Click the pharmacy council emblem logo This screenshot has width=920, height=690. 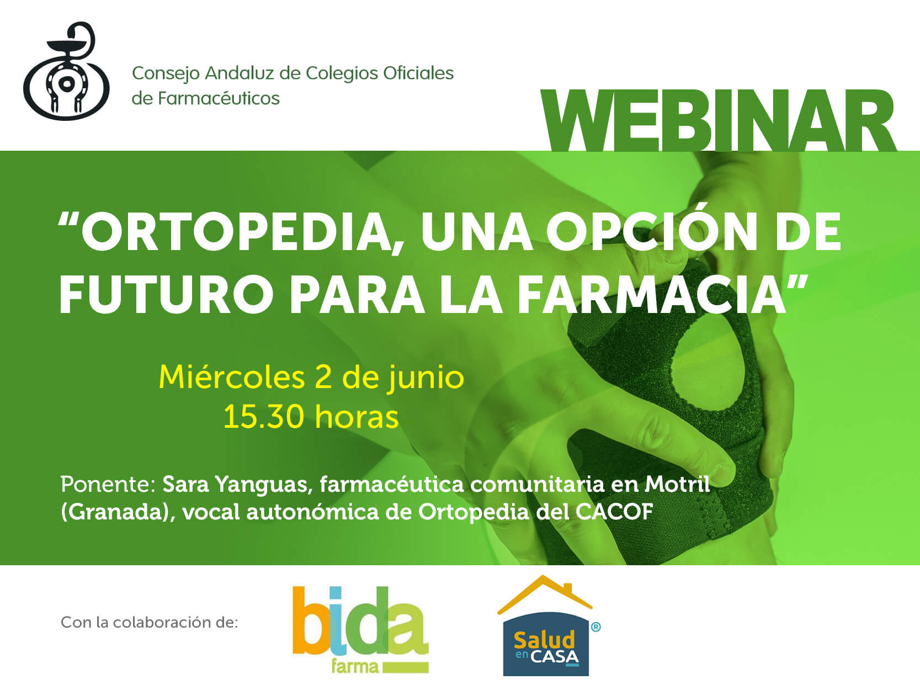pyautogui.click(x=66, y=71)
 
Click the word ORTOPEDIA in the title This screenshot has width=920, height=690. pyautogui.click(x=236, y=232)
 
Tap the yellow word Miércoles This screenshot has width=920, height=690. pyautogui.click(x=232, y=377)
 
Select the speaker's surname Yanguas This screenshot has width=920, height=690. pyautogui.click(x=264, y=485)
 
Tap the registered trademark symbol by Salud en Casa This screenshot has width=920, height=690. pyautogui.click(x=595, y=627)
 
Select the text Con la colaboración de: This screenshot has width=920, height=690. pyautogui.click(x=149, y=623)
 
